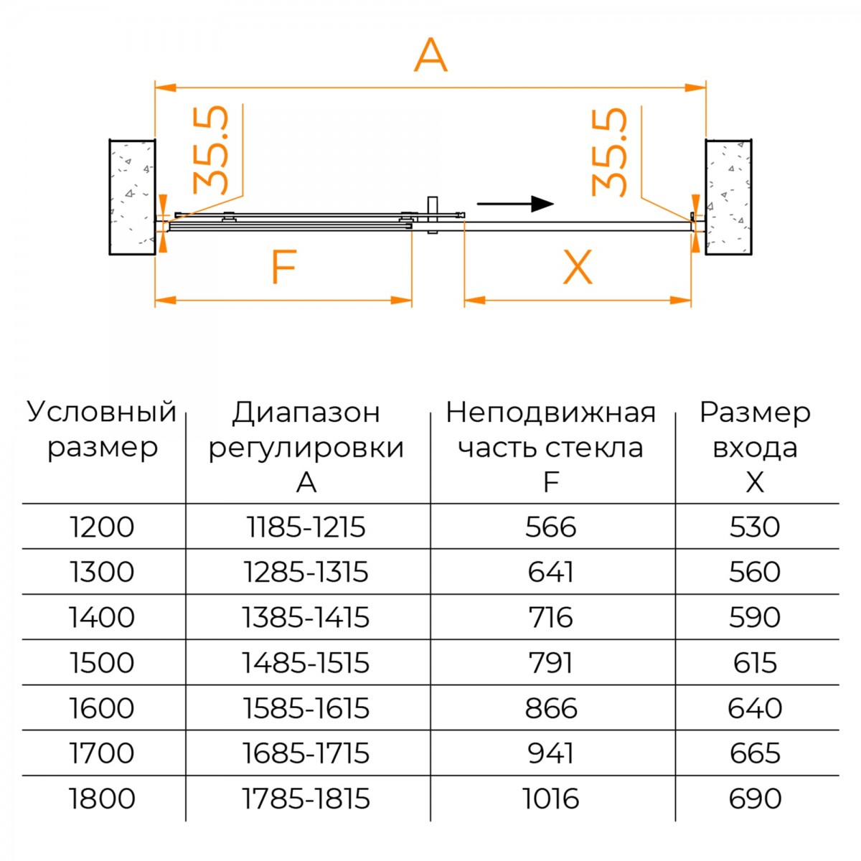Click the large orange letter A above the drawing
pos(430,55)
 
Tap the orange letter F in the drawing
pos(283,267)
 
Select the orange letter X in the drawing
pos(578,267)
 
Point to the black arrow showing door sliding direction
pos(516,204)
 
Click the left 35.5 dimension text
pos(211,150)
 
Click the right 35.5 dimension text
pos(609,152)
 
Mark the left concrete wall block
pos(132,197)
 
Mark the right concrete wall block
pos(728,197)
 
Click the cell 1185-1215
pos(306,527)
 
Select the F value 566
pos(550,527)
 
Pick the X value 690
pos(755,799)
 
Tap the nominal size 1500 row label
pos(102,663)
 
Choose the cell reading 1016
pos(550,799)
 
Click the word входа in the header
pos(755,448)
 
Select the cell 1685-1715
pos(306,753)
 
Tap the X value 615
pos(755,663)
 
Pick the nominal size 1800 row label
pos(102,799)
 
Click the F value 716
pos(550,618)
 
